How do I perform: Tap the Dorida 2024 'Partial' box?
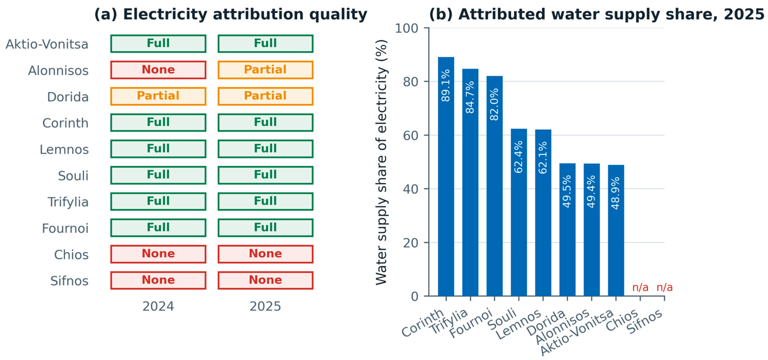coord(158,96)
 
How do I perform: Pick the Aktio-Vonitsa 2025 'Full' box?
coord(265,44)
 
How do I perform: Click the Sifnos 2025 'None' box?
coord(265,280)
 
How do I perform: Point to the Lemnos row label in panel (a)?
coord(64,149)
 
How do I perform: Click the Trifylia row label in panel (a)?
coord(68,202)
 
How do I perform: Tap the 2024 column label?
coord(158,306)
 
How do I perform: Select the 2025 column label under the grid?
coord(265,306)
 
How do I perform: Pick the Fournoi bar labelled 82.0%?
coord(495,186)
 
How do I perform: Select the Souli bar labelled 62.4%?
coord(519,212)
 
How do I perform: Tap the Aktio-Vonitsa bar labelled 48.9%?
coord(616,230)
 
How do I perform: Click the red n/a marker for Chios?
coord(640,287)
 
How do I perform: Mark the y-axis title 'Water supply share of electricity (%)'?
coord(381,162)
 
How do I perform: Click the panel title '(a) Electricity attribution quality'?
coord(231,14)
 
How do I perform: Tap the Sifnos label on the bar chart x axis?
coord(645,321)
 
